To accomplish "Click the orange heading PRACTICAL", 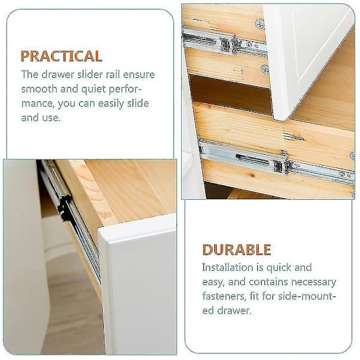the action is click(x=61, y=56).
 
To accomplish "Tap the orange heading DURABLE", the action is click(x=237, y=250).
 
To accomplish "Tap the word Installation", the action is click(x=227, y=267).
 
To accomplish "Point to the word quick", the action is click(x=279, y=268).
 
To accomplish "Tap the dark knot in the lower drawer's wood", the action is click(x=253, y=176).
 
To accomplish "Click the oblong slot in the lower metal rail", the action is click(x=252, y=158).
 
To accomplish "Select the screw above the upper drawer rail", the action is click(x=260, y=23).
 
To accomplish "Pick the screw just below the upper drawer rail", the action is click(x=265, y=69).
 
